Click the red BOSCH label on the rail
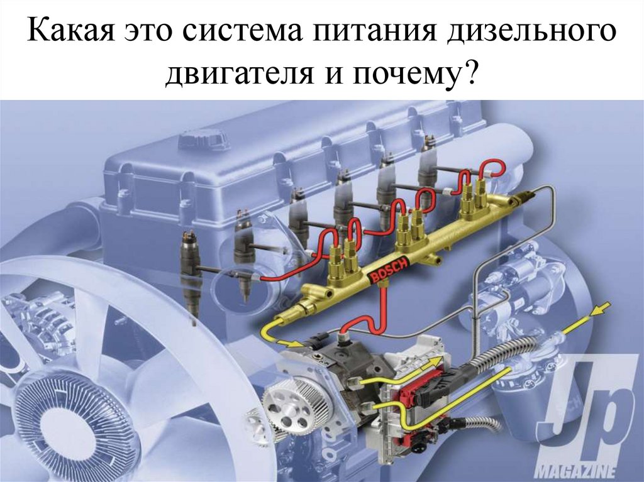[x=389, y=270]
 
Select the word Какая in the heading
[x=70, y=30]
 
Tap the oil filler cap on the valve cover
[x=202, y=139]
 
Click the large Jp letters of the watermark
[x=591, y=410]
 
